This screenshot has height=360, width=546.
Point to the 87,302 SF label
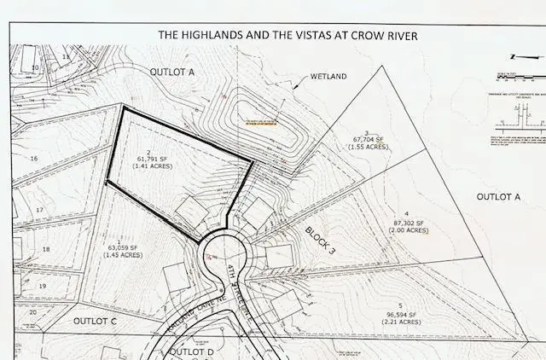click(407, 223)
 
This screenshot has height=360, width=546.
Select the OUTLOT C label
click(95, 321)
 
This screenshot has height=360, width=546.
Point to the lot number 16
click(34, 159)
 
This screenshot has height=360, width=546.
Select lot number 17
click(39, 209)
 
